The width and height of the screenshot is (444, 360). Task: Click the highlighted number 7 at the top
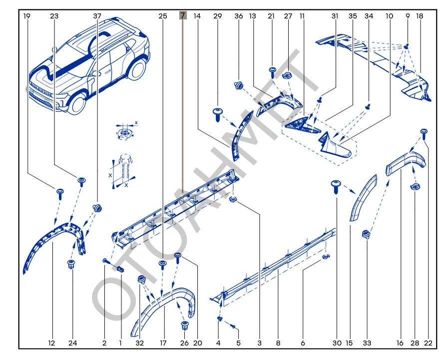(183, 16)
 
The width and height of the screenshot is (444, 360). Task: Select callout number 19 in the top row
(27, 16)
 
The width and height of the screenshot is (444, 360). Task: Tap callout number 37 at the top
(97, 16)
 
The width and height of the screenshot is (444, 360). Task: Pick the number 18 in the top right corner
(420, 16)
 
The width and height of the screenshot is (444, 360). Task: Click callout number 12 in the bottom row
(51, 343)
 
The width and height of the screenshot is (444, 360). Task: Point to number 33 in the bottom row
(367, 343)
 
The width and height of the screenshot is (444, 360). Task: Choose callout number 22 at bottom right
(429, 343)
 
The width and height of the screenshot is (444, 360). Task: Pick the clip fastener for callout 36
(239, 85)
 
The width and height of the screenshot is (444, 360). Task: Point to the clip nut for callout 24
(71, 264)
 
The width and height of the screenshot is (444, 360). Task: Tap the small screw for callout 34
(369, 106)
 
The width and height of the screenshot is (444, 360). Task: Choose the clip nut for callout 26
(184, 325)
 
